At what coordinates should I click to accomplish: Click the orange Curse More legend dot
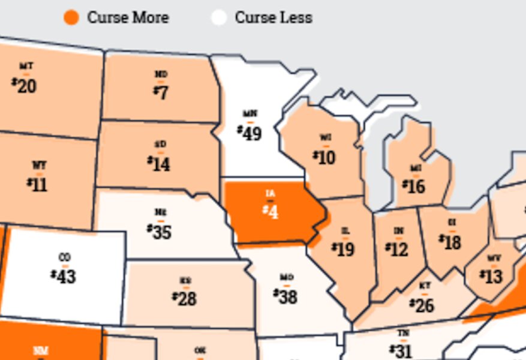pos(71,17)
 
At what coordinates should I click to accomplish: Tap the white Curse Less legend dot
pos(219,17)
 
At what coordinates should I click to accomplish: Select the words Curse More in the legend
pos(128,17)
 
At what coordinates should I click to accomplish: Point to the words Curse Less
pos(273,17)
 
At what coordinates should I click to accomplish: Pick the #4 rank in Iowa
pos(270,211)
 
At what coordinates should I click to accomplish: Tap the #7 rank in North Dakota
pos(161,93)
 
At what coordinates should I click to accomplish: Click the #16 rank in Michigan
pos(414,187)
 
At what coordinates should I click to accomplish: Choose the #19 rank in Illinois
pos(344,248)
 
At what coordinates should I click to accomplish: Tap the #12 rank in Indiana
pos(397,249)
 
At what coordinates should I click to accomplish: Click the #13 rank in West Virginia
pos(491,277)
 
